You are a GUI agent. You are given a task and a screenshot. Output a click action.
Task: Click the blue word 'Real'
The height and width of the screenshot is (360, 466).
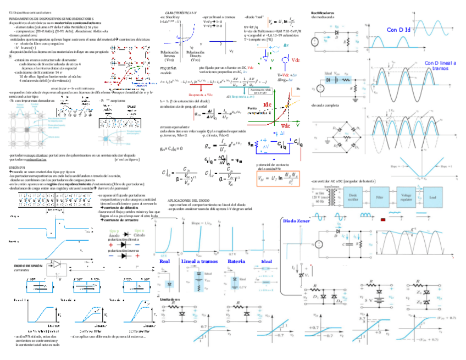(164, 261)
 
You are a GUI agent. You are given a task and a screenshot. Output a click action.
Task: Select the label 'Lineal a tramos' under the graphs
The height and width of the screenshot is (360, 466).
(199, 261)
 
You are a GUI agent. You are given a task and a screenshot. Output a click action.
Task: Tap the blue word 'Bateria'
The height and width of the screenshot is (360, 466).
(236, 261)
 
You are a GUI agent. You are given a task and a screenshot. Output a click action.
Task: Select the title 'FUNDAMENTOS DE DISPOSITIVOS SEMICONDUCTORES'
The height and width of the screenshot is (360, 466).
(51, 18)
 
